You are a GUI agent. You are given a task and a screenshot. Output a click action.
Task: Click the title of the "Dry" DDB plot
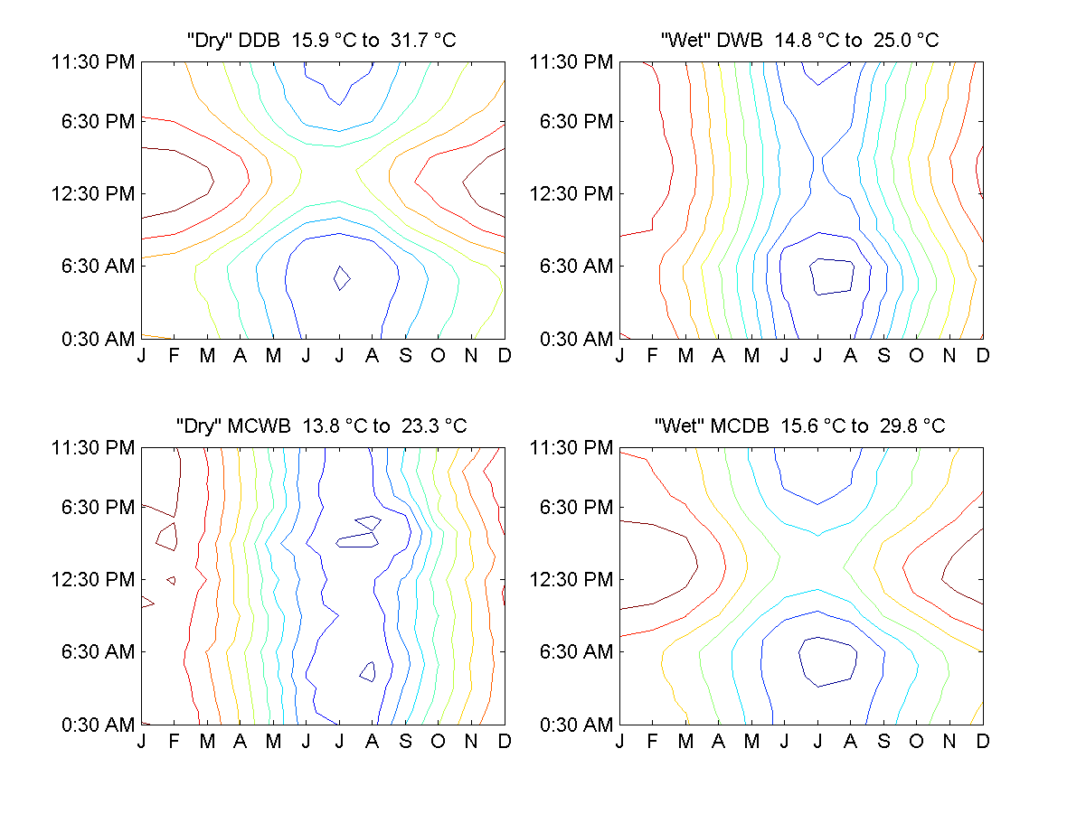[x=322, y=41]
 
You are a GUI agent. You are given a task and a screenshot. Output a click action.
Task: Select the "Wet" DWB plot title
[x=800, y=41]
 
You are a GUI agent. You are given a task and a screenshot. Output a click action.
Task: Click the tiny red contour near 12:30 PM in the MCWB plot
[x=171, y=579]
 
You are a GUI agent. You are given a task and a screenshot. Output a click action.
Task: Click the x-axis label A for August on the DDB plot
[x=373, y=356]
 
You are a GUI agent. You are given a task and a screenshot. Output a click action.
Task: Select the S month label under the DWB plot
[x=883, y=356]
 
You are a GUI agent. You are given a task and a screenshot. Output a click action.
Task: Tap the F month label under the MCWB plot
[x=175, y=742]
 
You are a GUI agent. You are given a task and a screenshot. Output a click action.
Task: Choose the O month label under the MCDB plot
[x=916, y=742]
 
